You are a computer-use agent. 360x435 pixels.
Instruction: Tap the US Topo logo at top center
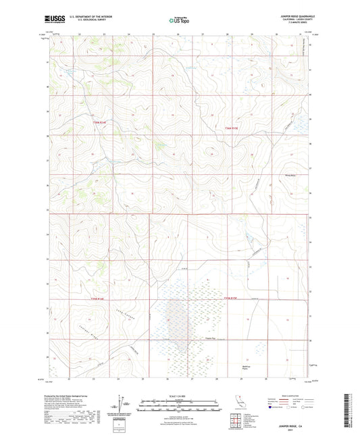(179, 21)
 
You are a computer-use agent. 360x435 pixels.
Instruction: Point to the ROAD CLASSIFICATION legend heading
(284, 395)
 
